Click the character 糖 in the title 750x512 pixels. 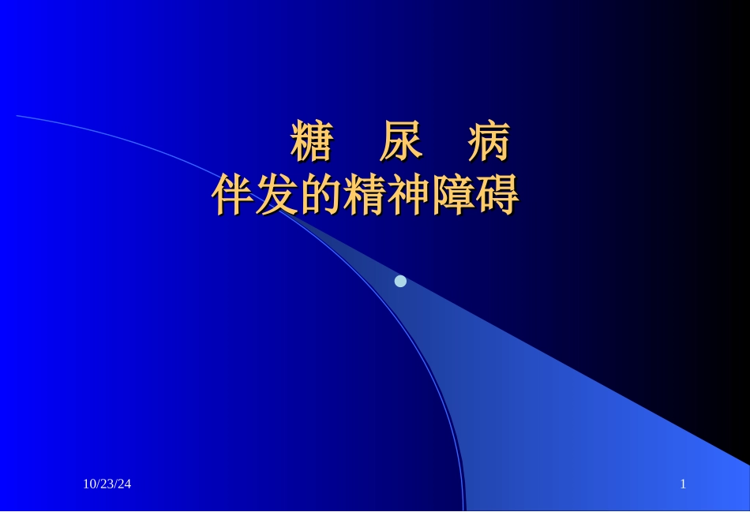pyautogui.click(x=312, y=143)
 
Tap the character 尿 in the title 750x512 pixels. pyautogui.click(x=400, y=143)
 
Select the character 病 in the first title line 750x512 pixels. pyautogui.click(x=489, y=143)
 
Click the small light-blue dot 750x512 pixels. pyautogui.click(x=400, y=281)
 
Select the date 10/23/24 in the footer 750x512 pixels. pyautogui.click(x=107, y=484)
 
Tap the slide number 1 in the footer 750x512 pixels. pyautogui.click(x=683, y=484)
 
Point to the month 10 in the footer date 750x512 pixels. pyautogui.click(x=89, y=484)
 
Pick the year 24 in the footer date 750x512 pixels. pyautogui.click(x=124, y=484)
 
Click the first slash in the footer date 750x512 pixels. pyautogui.click(x=98, y=484)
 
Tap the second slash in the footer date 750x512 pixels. pyautogui.click(x=115, y=484)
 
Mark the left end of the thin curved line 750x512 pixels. pyautogui.click(x=18, y=116)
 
